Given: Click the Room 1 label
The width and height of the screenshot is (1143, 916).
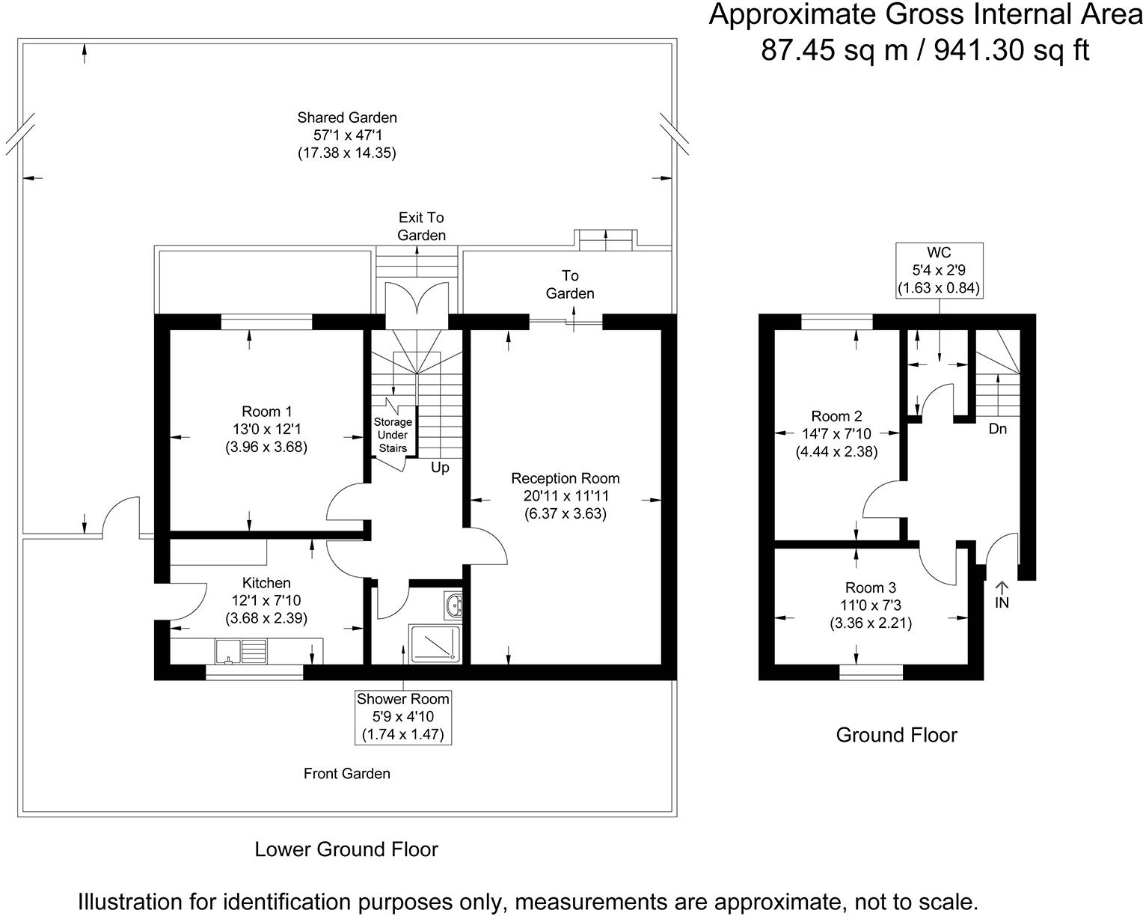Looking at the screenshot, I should point(266,412).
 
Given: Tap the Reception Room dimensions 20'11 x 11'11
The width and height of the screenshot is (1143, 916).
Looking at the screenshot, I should point(566,495).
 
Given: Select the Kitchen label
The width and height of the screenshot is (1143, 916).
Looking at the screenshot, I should point(266,582).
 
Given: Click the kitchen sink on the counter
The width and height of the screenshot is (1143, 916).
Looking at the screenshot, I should point(240,650).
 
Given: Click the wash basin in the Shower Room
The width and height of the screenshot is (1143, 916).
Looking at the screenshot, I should point(452,605).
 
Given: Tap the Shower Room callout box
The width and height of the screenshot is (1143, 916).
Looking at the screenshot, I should point(403,717).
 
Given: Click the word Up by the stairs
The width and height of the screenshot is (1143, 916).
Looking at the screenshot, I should point(440,468).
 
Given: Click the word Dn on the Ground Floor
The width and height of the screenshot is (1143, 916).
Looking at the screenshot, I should point(997,430).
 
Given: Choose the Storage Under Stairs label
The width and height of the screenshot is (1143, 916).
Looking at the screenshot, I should point(393,435).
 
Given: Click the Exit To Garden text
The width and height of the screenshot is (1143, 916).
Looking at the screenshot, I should point(421,226).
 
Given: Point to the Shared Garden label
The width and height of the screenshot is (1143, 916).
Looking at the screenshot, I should point(347,117).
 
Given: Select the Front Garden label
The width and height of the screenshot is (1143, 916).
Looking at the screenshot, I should point(347,773).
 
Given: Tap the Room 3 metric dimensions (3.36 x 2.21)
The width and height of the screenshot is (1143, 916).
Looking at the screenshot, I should point(871,623).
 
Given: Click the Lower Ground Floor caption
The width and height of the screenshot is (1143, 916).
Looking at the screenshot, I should point(346,849).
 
